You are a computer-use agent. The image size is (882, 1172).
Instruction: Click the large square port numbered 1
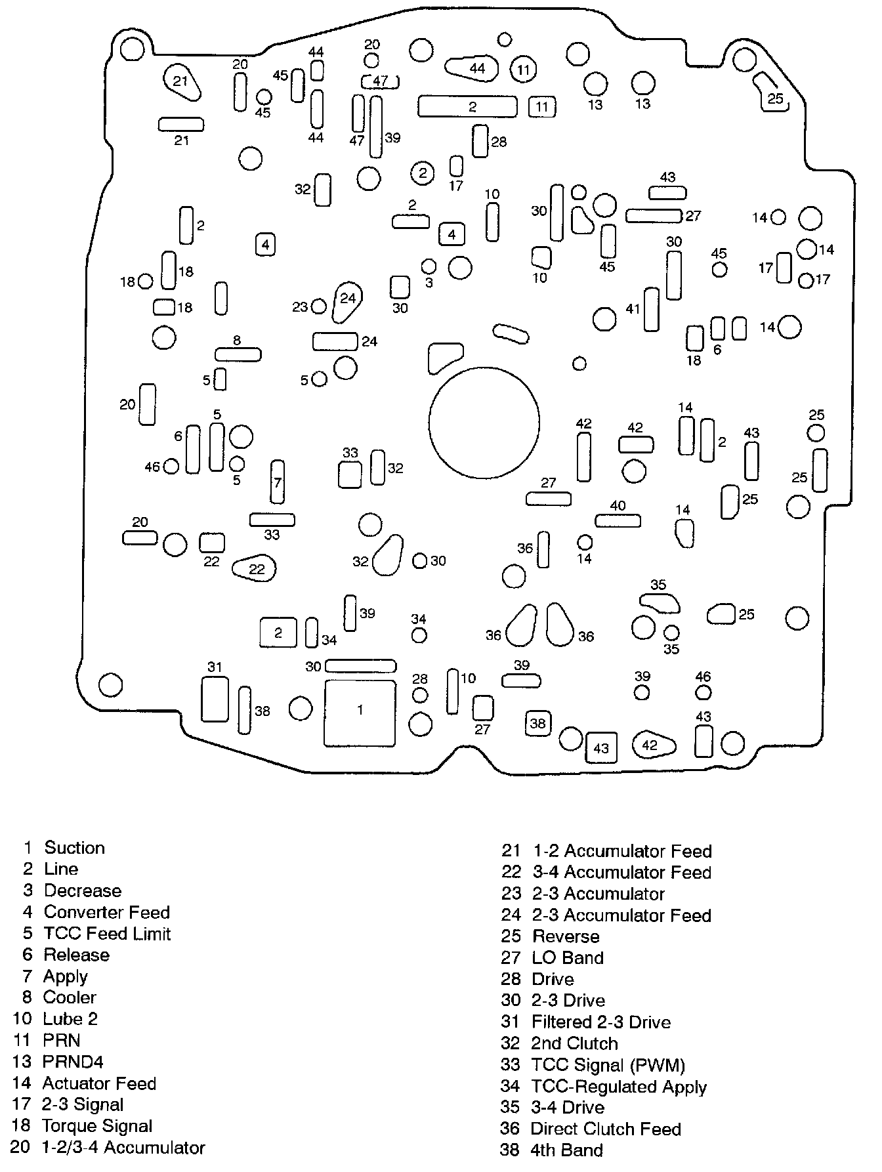tap(360, 713)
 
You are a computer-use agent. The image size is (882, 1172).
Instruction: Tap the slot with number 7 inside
tap(278, 482)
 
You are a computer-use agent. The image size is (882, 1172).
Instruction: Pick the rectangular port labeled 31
tap(215, 700)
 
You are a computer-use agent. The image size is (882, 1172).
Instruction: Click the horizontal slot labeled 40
tap(618, 520)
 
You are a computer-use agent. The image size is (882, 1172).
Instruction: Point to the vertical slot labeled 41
tap(651, 308)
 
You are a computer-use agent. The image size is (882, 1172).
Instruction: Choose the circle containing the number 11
tap(523, 70)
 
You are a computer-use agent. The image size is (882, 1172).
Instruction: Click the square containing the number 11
tap(542, 106)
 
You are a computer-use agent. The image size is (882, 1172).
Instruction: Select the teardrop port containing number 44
tap(472, 68)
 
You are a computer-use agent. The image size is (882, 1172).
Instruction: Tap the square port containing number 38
tap(538, 723)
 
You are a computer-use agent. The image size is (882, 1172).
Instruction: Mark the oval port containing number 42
tap(653, 745)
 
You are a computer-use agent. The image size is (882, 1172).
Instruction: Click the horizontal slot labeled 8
tap(238, 354)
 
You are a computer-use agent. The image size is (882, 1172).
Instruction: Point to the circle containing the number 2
tap(423, 173)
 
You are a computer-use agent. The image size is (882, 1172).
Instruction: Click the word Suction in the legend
tap(74, 847)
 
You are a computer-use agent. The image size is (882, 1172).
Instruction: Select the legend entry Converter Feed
tap(106, 912)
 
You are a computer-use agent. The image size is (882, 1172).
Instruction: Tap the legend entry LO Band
tap(567, 957)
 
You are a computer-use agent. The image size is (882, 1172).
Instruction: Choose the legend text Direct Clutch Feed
tap(605, 1129)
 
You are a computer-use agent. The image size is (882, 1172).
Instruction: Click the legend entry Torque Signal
tap(97, 1125)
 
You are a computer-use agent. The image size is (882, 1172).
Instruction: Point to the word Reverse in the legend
tap(566, 936)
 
